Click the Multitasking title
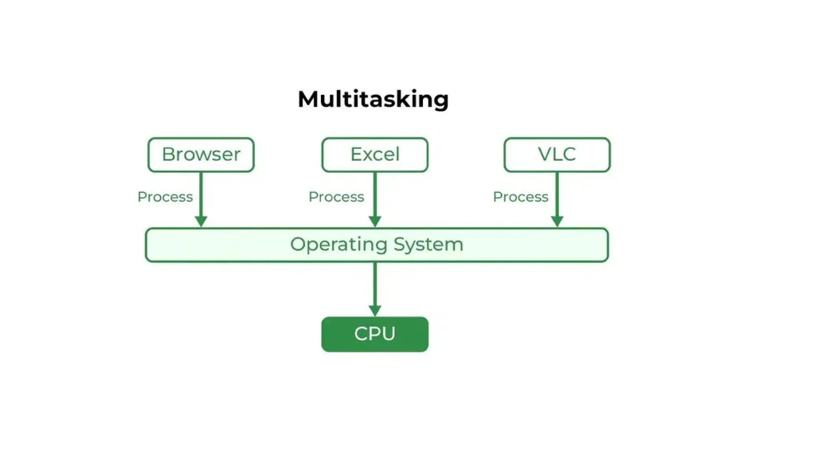pos(373,100)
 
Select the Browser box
pos(201,155)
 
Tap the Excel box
pos(375,155)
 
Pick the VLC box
pos(557,155)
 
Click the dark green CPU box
pos(375,334)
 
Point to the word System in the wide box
pos(428,245)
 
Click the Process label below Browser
pos(165,197)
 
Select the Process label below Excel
pos(336,197)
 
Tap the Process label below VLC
pos(520,197)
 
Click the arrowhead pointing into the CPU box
pos(375,311)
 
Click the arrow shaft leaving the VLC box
pos(557,193)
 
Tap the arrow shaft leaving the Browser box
pos(201,193)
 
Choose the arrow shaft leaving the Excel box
pos(375,193)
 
